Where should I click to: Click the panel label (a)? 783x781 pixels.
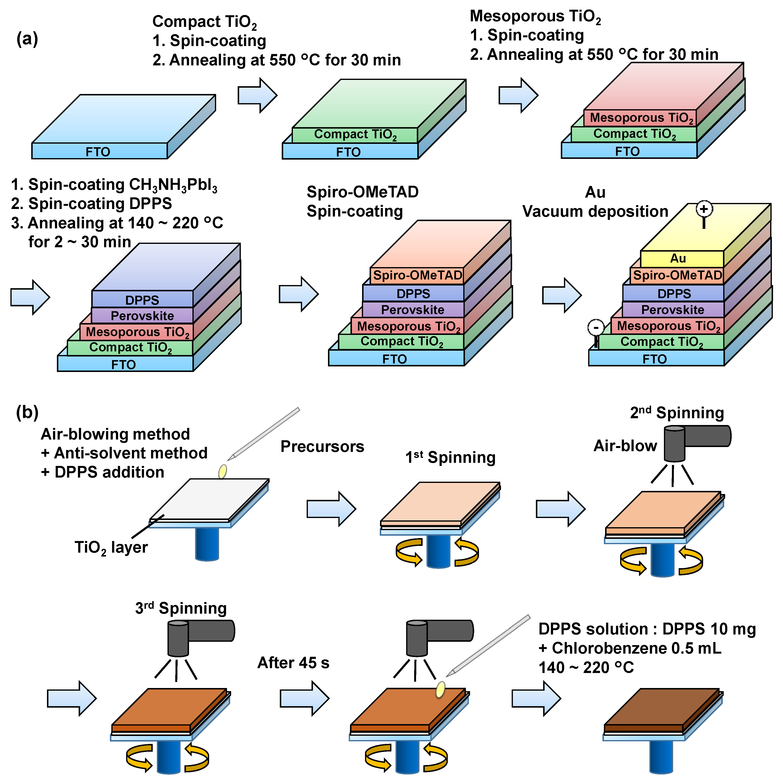click(27, 39)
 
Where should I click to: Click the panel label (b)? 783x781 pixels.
click(27, 412)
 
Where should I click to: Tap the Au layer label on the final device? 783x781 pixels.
click(678, 258)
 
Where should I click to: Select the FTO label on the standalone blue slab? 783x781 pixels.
click(98, 152)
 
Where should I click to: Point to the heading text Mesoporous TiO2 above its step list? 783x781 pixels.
click(535, 16)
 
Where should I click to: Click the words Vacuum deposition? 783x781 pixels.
click(595, 211)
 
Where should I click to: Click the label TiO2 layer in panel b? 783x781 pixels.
click(111, 548)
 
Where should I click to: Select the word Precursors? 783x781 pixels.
click(322, 447)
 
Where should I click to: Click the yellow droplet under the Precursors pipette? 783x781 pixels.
click(222, 471)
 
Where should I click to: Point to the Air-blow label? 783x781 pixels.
click(625, 446)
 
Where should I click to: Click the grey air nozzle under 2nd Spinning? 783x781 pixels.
click(674, 444)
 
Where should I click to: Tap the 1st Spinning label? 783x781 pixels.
click(450, 457)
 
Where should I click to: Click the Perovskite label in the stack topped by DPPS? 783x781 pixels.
click(142, 316)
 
